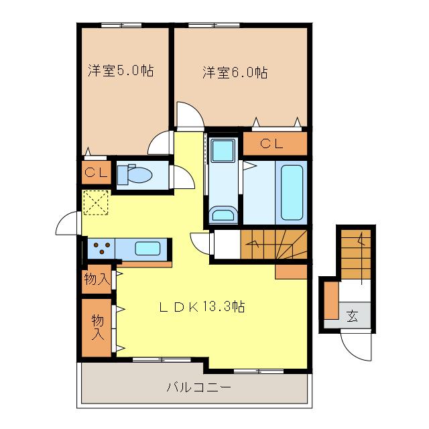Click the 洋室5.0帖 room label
click(121, 70)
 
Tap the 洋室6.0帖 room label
click(235, 72)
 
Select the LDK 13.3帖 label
click(202, 307)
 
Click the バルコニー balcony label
click(198, 387)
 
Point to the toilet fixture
click(134, 174)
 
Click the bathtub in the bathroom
click(292, 192)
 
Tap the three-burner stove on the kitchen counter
click(102, 248)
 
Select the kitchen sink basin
click(147, 248)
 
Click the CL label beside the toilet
click(96, 172)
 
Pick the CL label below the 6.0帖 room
click(271, 143)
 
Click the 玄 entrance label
click(352, 316)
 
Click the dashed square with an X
click(96, 202)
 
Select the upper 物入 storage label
click(97, 279)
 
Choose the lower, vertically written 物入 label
click(98, 327)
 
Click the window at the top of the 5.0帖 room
click(121, 25)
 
